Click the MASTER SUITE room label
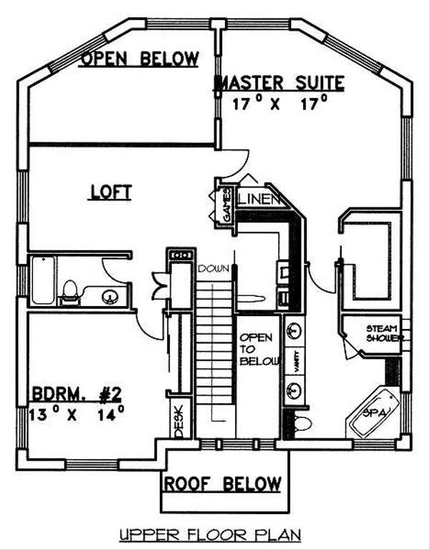[279, 83]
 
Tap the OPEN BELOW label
[140, 58]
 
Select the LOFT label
[110, 192]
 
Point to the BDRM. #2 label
[77, 394]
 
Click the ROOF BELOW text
[223, 483]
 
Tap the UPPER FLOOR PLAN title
[210, 535]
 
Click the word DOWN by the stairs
[214, 269]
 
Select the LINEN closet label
[259, 200]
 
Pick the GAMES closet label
[227, 206]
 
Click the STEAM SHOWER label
[384, 333]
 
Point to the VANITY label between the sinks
[296, 361]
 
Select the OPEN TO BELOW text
[259, 349]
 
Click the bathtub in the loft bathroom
[43, 280]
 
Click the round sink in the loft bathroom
[110, 297]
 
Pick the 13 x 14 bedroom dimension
[76, 413]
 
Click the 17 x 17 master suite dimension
[280, 103]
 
